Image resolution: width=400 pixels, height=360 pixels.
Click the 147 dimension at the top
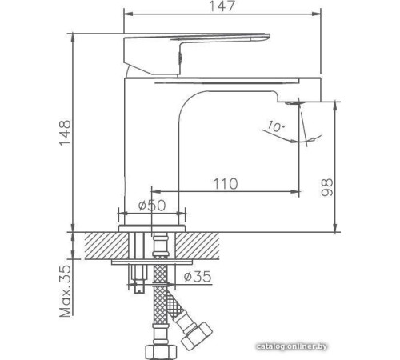(224, 7)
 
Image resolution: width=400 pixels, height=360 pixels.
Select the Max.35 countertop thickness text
(66, 291)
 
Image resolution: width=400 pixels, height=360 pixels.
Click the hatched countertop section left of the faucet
(96, 245)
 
